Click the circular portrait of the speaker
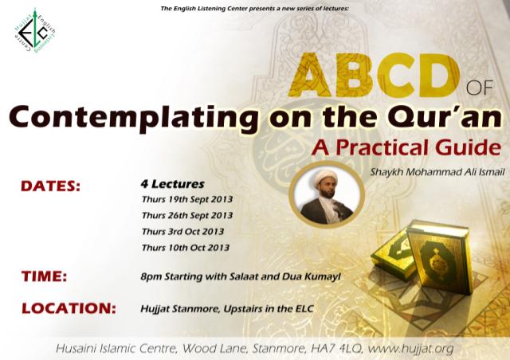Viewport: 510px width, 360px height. [x=328, y=198]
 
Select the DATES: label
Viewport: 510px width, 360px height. [x=52, y=187]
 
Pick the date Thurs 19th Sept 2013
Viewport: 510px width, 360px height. [x=186, y=200]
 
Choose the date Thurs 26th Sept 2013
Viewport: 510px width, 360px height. [x=186, y=216]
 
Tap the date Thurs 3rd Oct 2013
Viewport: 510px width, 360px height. [x=182, y=232]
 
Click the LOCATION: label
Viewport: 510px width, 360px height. [x=69, y=307]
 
